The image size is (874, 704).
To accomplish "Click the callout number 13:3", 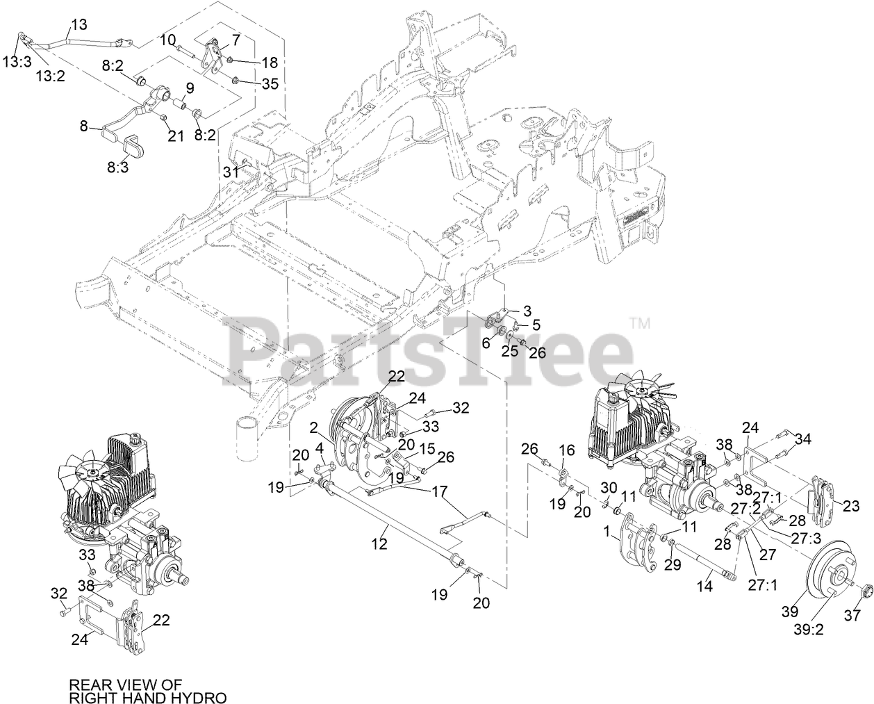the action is pyautogui.click(x=17, y=61).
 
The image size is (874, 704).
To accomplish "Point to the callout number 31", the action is pyautogui.click(x=231, y=172).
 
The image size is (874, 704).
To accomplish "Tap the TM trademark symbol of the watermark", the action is pyautogui.click(x=640, y=322).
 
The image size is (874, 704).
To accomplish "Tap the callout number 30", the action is pyautogui.click(x=609, y=486).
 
